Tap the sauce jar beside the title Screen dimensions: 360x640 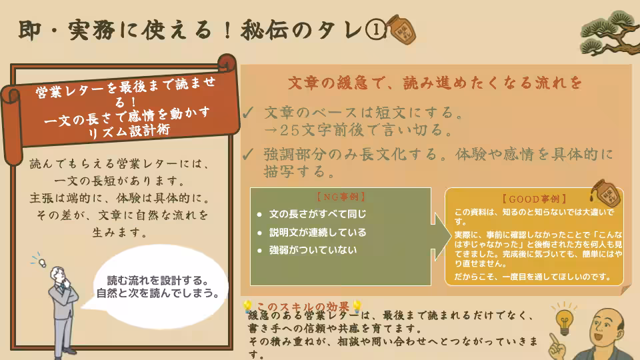tap(402, 29)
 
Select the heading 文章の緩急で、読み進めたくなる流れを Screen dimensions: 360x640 tap(435, 83)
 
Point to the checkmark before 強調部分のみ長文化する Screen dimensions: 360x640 tap(248, 154)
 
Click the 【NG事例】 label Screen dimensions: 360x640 tap(340, 197)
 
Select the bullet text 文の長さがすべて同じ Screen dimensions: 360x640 tap(317, 215)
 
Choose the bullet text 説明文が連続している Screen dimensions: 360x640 tap(317, 233)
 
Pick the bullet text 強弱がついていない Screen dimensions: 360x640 tap(313, 251)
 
